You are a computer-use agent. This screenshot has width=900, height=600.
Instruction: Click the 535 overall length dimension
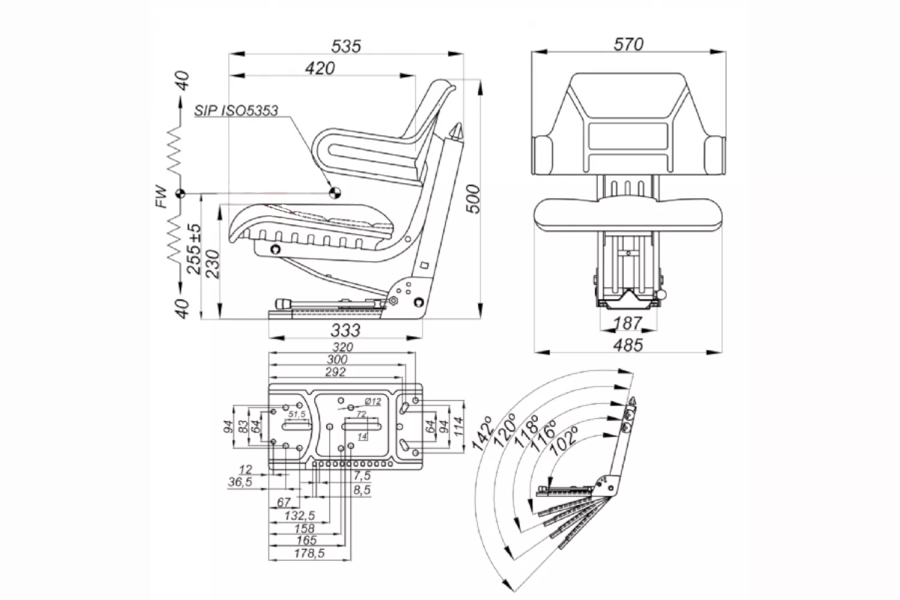[346, 46]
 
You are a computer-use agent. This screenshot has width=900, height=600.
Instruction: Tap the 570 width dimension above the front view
[628, 44]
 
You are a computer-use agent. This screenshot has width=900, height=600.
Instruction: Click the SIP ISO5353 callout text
[236, 110]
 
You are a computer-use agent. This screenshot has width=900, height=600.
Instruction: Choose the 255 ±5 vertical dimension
[194, 248]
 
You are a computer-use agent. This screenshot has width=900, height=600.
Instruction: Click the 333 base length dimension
[346, 329]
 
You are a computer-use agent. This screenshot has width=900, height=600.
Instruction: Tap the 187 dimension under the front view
[628, 323]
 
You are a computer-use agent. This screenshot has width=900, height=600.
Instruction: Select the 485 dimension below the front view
[628, 345]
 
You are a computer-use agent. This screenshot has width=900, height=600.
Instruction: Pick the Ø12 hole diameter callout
[372, 401]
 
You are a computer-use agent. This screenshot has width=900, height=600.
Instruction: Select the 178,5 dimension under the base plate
[308, 553]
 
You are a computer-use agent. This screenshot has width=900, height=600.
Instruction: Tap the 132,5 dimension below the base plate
[299, 515]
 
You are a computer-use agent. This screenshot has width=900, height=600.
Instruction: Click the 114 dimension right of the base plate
[458, 426]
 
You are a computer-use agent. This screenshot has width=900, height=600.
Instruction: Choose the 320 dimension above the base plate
[343, 347]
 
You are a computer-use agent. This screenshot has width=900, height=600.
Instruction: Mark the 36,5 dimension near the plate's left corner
[240, 482]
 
